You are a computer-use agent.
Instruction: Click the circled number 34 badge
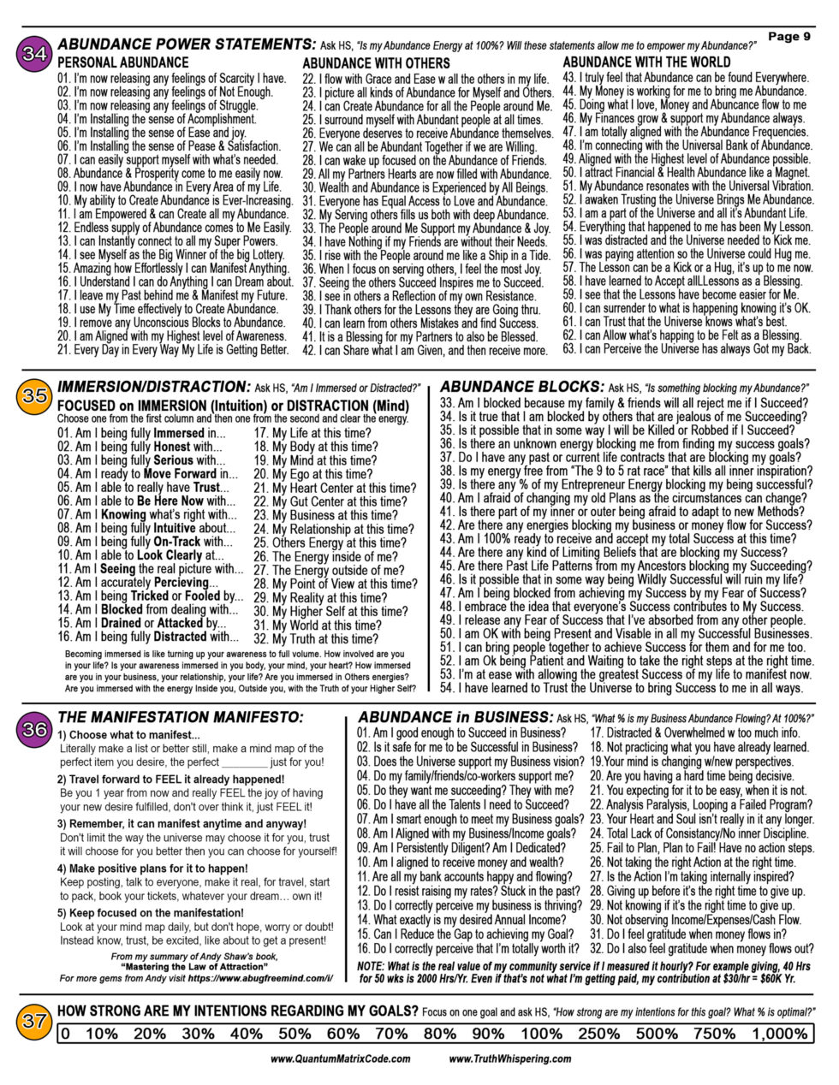coord(35,53)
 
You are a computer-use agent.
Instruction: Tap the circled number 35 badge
coord(35,396)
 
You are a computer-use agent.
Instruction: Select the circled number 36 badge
coord(35,730)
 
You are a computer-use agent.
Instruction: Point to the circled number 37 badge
coord(35,1022)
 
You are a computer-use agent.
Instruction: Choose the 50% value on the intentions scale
coord(294,1034)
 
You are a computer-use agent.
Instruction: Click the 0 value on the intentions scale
coord(66,1034)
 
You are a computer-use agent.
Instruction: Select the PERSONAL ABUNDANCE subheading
coord(122,62)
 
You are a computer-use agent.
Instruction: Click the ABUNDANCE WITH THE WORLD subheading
coord(646,62)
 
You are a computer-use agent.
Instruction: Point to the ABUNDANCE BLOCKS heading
coord(521,387)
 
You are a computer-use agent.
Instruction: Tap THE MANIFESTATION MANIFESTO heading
coord(180,717)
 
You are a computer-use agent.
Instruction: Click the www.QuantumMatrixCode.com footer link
coord(340,1058)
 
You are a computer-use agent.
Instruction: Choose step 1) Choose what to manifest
coord(128,735)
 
